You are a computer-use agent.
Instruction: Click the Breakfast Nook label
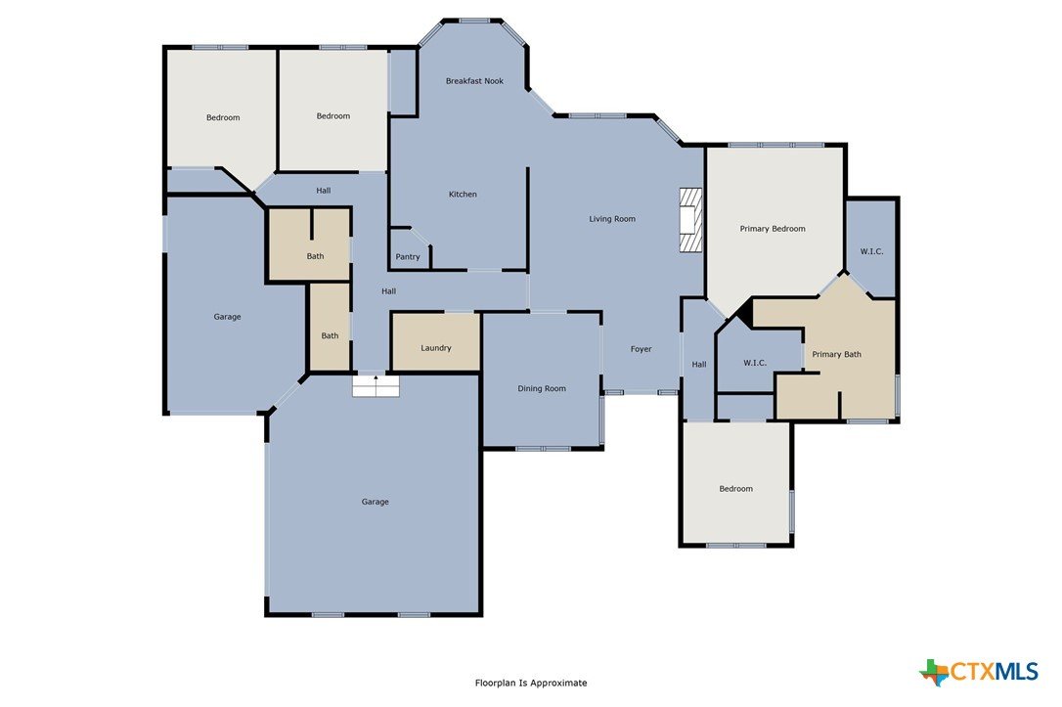click(474, 80)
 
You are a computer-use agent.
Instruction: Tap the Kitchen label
click(463, 195)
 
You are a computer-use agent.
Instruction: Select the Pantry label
click(408, 256)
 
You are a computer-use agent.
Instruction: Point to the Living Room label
click(612, 219)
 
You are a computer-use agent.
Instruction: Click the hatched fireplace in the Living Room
click(690, 220)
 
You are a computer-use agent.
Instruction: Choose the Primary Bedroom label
click(773, 229)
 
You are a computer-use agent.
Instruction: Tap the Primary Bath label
click(836, 354)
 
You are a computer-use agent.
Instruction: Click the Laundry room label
click(435, 348)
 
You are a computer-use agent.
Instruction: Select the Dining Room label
click(541, 389)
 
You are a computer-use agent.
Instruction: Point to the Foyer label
click(641, 349)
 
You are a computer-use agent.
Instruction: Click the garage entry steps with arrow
click(376, 385)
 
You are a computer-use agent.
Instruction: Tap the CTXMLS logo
click(979, 672)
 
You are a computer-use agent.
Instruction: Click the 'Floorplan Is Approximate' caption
click(531, 683)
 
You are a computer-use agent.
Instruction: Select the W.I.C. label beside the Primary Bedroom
click(871, 251)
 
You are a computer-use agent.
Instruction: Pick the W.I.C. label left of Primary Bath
click(755, 363)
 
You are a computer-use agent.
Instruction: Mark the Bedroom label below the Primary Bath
click(735, 489)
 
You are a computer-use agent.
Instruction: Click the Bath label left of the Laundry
click(330, 335)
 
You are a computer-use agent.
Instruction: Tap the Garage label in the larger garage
click(375, 502)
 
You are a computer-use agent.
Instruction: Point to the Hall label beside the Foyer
click(699, 365)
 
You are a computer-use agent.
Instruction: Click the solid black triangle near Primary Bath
click(746, 313)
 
